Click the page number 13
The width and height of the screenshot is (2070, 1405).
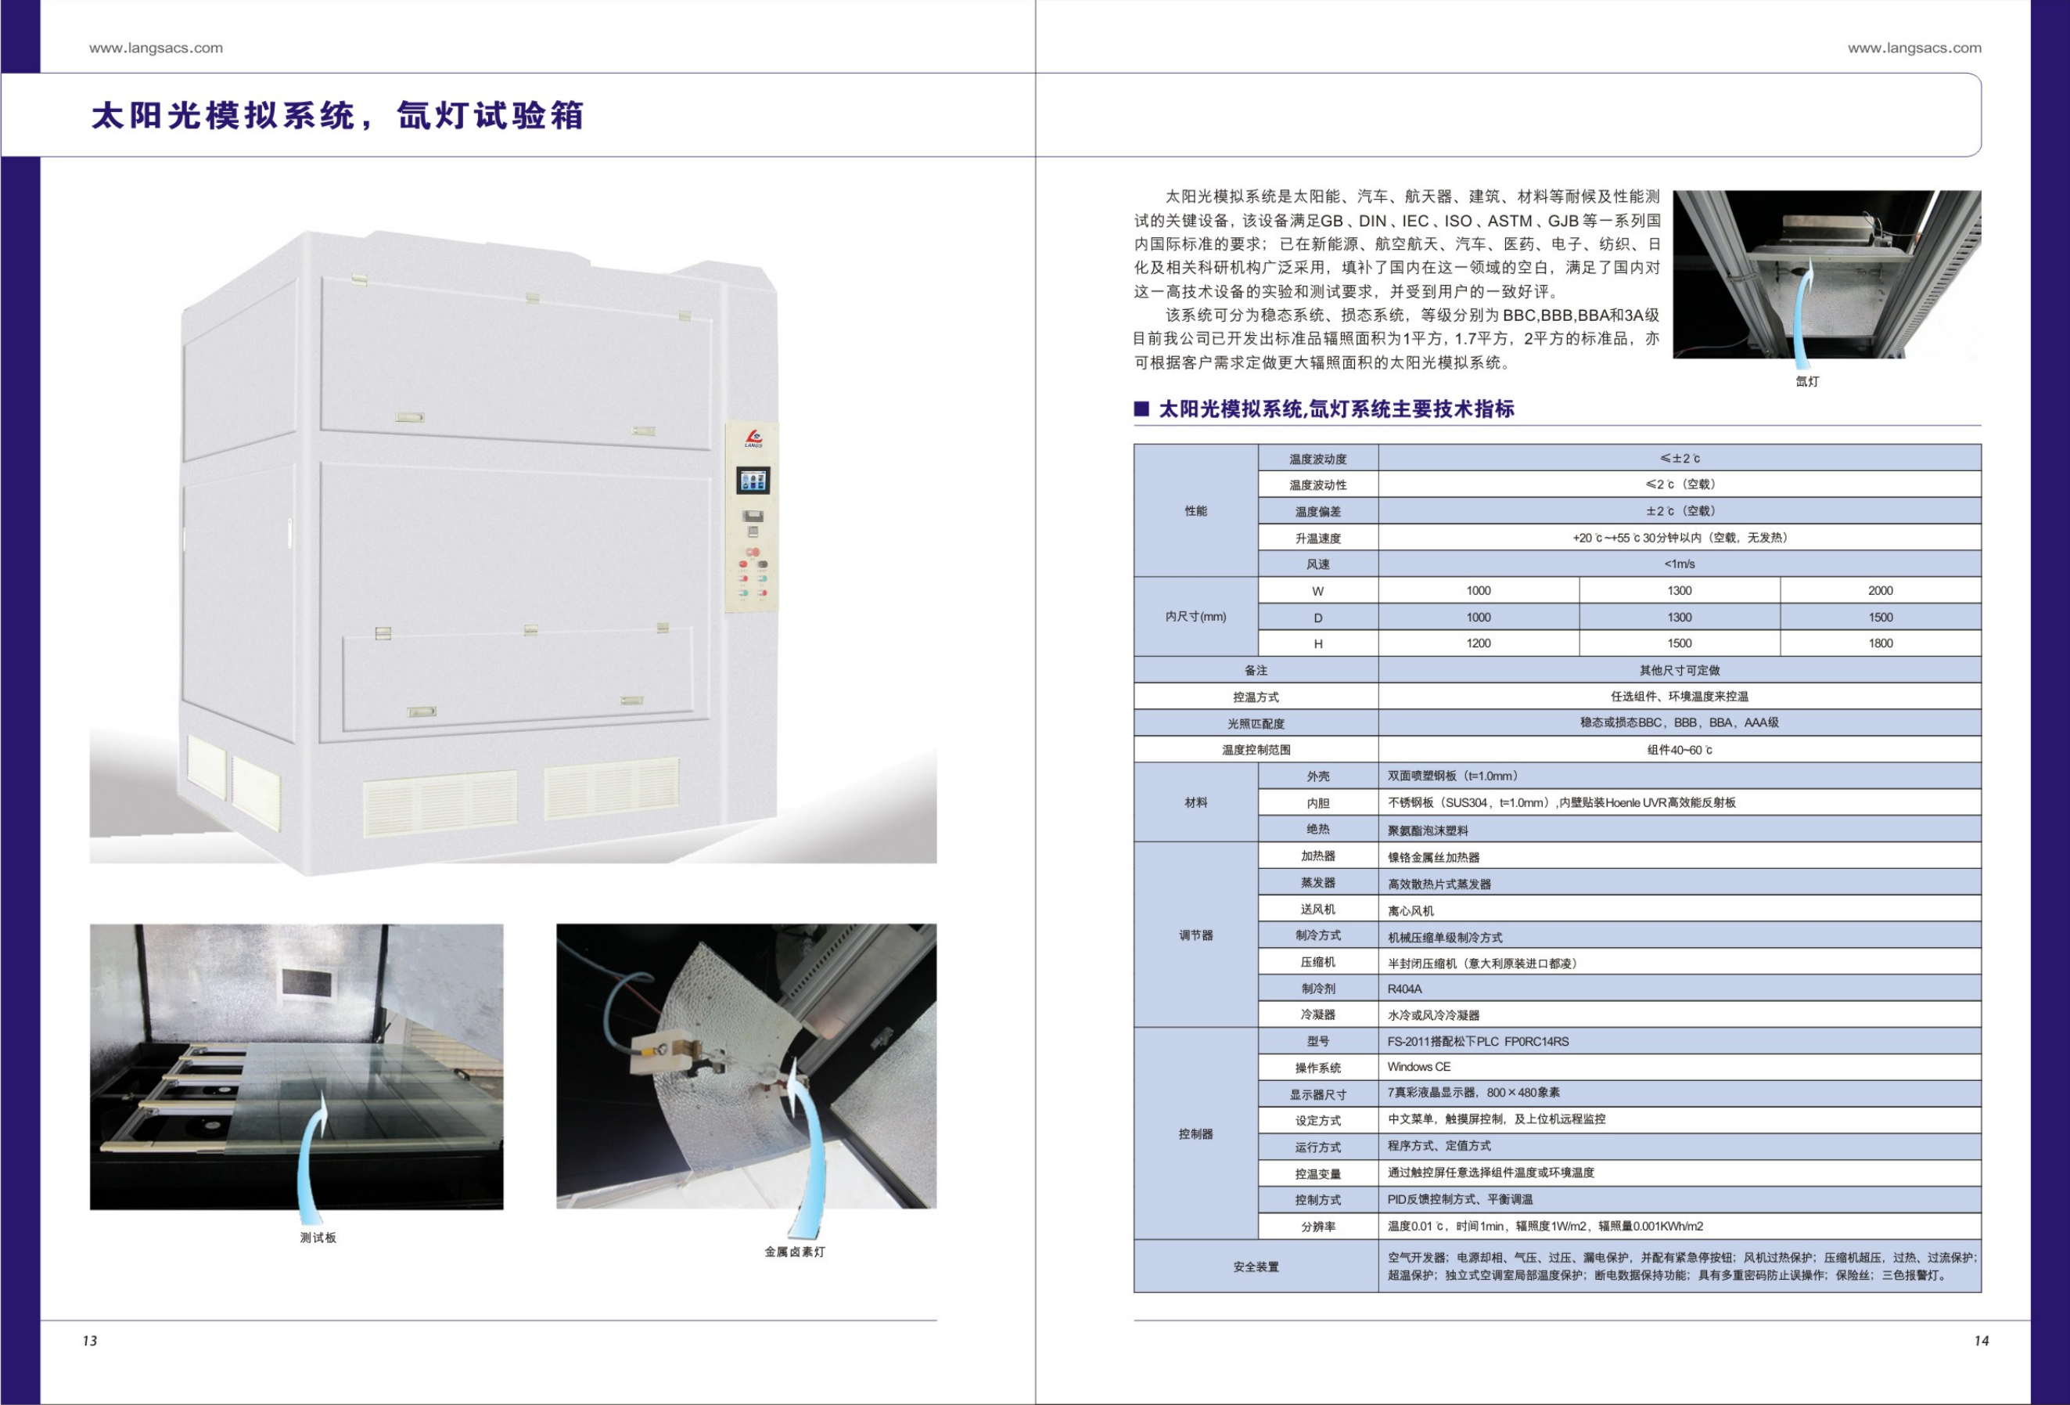[90, 1340]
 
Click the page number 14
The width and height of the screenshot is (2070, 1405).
[1981, 1340]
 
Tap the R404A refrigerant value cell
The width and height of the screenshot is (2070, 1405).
[1405, 989]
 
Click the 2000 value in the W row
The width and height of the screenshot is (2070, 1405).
[1880, 591]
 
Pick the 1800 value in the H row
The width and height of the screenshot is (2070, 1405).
[1880, 643]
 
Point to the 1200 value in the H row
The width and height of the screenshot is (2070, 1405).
[1479, 643]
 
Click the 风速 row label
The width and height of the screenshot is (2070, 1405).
[1318, 564]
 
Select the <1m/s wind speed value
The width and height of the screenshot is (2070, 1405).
[1679, 564]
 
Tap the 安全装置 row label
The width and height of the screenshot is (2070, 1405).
[1256, 1267]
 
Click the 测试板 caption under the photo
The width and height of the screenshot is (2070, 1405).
[318, 1237]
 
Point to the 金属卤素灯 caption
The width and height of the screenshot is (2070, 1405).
[795, 1252]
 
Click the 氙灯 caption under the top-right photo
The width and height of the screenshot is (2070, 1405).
[1807, 381]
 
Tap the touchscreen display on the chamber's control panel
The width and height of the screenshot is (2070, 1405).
[753, 481]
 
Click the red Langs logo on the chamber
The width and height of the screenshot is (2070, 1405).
[753, 437]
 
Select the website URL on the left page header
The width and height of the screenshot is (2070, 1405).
[156, 48]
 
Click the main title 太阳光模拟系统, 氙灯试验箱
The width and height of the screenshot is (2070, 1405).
[338, 116]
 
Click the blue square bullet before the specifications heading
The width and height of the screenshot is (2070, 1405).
[1141, 409]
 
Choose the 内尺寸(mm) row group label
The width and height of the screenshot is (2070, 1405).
[1195, 617]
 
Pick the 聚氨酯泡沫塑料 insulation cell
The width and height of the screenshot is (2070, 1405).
[1428, 830]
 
